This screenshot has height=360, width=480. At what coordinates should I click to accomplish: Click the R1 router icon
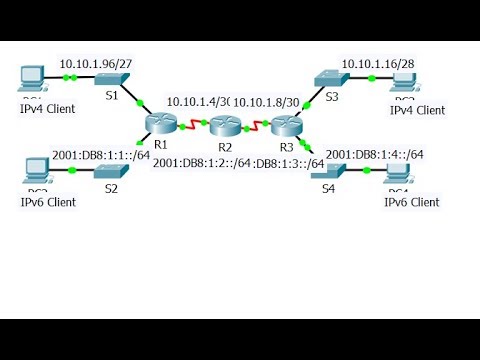pos(159,124)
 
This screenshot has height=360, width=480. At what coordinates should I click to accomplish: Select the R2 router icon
pos(223,126)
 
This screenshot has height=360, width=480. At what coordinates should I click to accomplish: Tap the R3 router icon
pos(286,125)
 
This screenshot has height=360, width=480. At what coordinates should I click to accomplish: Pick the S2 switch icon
pos(108,172)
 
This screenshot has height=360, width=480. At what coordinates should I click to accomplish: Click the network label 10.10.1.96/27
pos(96,62)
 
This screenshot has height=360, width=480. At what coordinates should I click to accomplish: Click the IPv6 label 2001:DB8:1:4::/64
pos(374,154)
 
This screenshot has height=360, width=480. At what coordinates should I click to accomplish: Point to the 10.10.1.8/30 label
pos(267,102)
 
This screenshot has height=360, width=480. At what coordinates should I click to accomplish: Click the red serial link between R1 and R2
pos(191,126)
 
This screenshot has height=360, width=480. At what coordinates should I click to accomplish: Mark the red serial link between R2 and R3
pos(254,126)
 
